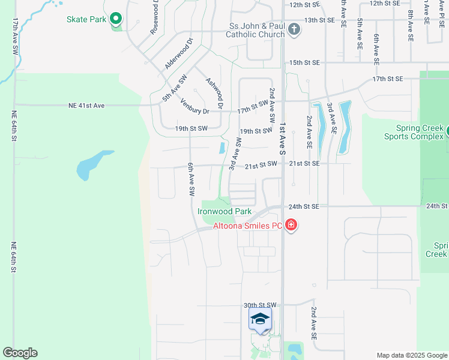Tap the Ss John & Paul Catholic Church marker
click(294, 29)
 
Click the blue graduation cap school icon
click(260, 319)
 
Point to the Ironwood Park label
click(224, 211)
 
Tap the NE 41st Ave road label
click(86, 106)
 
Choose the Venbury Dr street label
click(194, 106)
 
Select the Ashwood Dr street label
click(214, 93)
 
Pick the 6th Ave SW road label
click(191, 179)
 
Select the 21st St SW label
click(262, 163)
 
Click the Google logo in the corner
click(20, 353)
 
